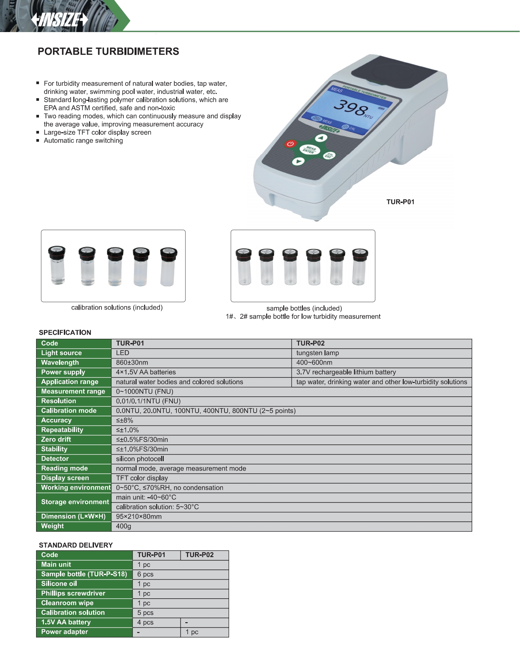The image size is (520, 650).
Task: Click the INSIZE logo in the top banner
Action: point(60,20)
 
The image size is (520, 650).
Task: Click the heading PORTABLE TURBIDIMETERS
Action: point(108,51)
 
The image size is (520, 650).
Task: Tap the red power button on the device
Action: point(290,144)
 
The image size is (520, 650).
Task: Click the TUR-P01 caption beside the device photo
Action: point(400,202)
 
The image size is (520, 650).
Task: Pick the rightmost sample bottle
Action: point(360,267)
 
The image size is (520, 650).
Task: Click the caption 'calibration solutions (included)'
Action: point(117,308)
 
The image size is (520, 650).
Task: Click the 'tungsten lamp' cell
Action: point(317,353)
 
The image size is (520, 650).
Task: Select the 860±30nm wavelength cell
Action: point(132,363)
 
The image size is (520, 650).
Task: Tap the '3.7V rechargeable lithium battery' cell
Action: point(346,372)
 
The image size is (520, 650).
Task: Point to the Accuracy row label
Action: point(56,420)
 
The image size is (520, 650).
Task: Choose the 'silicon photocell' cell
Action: point(140,459)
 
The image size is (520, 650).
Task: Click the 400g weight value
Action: point(123,526)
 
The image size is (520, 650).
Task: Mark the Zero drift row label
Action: point(56,440)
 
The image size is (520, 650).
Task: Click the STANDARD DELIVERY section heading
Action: point(76,545)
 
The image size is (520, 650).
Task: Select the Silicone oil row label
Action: point(59,584)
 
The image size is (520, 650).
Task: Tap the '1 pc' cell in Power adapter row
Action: point(192,632)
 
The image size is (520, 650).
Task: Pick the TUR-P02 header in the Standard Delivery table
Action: point(199,555)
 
